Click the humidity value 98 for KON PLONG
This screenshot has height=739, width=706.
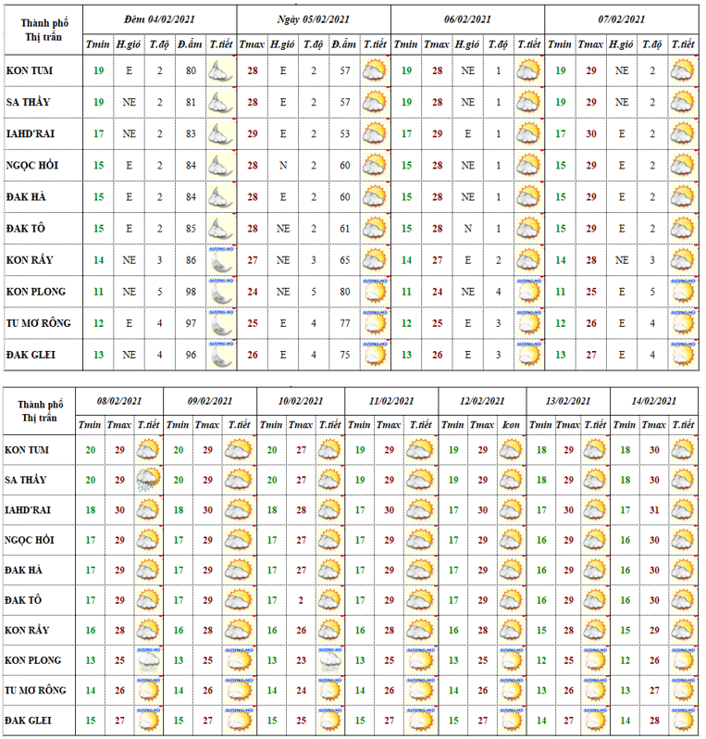coord(191,291)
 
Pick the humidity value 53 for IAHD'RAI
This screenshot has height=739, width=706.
coord(344,134)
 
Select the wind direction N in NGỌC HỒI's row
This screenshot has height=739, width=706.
coord(283,166)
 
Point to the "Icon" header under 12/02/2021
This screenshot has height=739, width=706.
coord(511,424)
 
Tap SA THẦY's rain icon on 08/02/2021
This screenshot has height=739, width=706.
coord(147,480)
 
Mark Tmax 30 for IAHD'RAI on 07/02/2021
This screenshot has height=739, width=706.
coord(590,134)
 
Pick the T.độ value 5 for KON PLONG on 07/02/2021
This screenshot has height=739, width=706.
coord(651,291)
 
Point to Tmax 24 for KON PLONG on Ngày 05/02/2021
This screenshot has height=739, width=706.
coord(252,291)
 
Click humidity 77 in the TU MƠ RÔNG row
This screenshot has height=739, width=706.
coord(344,323)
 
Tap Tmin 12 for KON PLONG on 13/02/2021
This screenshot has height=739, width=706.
coord(542,660)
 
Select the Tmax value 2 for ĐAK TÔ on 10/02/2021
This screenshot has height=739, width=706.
coord(301,600)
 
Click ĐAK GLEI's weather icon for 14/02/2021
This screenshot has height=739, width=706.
coord(684,720)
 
